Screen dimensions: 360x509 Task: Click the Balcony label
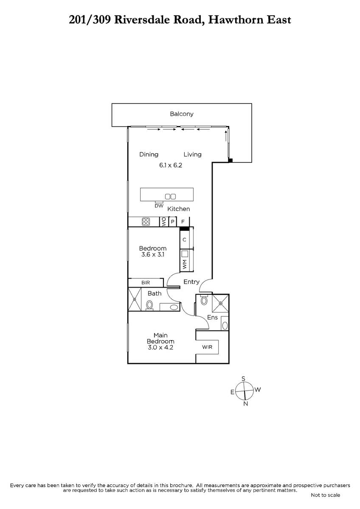(181, 114)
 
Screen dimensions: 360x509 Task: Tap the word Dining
(149, 154)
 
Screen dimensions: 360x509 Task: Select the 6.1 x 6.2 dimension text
(171, 165)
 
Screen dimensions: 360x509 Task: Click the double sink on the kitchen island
(170, 196)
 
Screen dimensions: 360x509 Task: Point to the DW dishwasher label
(159, 206)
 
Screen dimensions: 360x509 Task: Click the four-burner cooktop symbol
(146, 221)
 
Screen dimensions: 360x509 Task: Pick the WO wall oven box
(164, 221)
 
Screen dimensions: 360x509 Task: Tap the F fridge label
(183, 221)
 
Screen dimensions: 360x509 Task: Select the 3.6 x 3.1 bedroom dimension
(153, 255)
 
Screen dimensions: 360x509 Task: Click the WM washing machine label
(184, 264)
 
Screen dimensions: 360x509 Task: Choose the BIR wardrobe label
(146, 282)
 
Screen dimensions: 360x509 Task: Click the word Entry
(191, 282)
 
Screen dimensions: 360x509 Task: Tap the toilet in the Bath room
(149, 305)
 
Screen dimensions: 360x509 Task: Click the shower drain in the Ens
(220, 303)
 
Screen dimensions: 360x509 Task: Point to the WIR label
(207, 347)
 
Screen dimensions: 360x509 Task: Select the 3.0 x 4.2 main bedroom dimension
(160, 347)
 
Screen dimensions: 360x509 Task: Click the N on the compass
(245, 404)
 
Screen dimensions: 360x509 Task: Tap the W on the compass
(258, 390)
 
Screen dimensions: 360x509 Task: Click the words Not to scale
(326, 495)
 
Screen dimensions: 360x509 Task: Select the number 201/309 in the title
(90, 20)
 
